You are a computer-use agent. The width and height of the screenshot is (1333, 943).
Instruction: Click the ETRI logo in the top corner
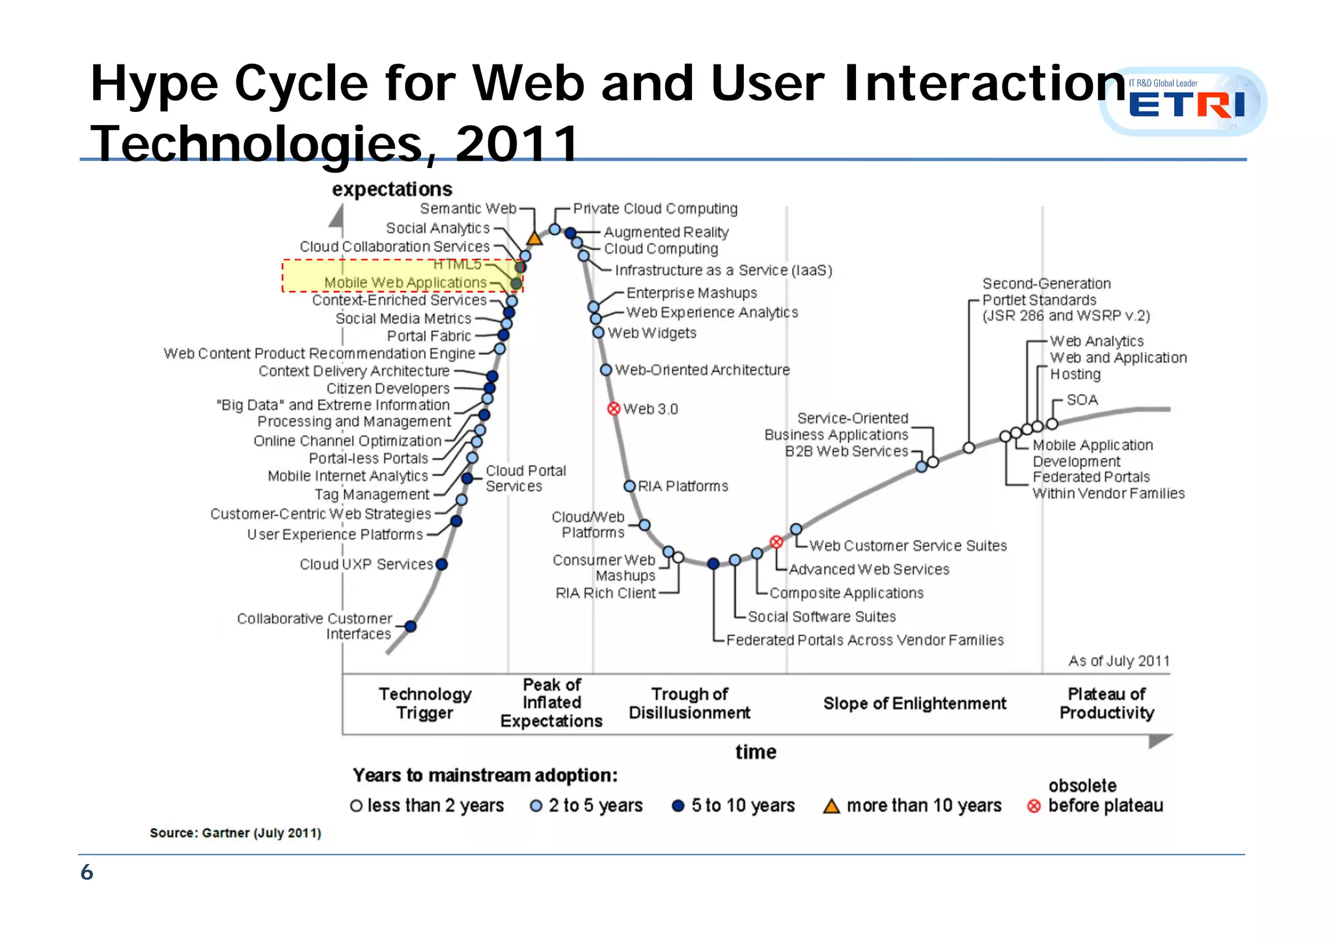click(x=1183, y=102)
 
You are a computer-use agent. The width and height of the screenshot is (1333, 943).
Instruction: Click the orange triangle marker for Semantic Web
click(x=534, y=238)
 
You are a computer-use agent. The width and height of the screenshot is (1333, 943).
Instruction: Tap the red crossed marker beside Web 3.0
click(x=613, y=409)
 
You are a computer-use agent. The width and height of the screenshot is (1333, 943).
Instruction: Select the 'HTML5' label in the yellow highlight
click(x=457, y=264)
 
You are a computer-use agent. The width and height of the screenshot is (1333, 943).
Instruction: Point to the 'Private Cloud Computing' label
click(x=655, y=208)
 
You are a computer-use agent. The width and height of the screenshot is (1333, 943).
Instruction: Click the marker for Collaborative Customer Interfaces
click(x=411, y=626)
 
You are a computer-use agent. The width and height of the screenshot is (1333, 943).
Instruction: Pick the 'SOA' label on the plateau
click(x=1082, y=400)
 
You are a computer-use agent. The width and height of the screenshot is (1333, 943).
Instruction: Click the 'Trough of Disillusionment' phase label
click(x=689, y=703)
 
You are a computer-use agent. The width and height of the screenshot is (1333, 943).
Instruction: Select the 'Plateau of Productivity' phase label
click(x=1106, y=703)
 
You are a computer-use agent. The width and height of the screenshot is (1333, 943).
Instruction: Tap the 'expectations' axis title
click(x=392, y=190)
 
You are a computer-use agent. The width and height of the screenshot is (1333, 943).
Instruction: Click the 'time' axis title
click(x=756, y=752)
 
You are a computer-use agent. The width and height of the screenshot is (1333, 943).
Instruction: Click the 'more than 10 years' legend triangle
click(x=831, y=806)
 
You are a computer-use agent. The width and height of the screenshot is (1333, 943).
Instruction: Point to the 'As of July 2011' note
click(x=1118, y=661)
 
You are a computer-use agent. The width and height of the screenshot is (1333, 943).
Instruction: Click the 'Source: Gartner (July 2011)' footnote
click(x=236, y=833)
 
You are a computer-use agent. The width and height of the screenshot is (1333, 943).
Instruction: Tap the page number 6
click(x=87, y=873)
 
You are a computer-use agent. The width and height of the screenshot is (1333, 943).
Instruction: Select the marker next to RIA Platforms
click(x=629, y=486)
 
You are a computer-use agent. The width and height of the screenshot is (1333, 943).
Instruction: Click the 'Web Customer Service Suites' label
click(x=907, y=546)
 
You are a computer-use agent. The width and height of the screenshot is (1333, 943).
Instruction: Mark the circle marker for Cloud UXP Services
click(x=442, y=564)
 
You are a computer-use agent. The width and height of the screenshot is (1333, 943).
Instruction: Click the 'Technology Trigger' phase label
click(x=425, y=703)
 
